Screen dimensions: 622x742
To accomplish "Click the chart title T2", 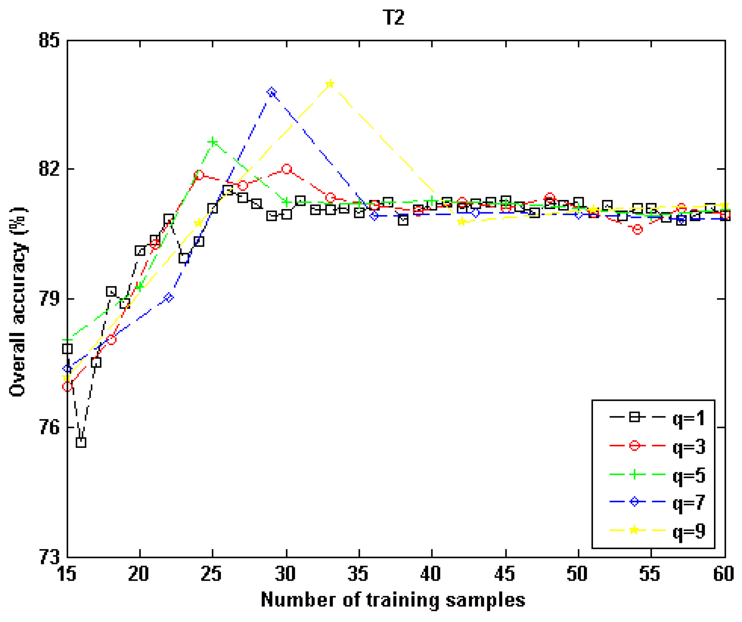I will (394, 17).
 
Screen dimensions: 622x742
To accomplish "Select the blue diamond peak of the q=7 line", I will (272, 93).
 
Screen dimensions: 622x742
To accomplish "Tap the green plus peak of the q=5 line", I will (213, 142).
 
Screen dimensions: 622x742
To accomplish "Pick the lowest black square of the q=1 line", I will (81, 442).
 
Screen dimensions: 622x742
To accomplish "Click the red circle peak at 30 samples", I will (287, 169).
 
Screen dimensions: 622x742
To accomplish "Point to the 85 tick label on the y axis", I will (49, 40).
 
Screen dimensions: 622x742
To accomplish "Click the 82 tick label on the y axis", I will (49, 169).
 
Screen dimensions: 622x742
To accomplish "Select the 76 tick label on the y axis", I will (49, 428).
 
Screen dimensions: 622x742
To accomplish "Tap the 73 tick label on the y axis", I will (49, 557).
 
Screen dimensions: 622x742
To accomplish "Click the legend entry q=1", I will (689, 418).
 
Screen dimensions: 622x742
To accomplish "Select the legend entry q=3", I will (689, 447).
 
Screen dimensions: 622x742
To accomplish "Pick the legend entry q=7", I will (689, 502).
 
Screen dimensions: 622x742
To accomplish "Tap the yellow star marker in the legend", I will (635, 530).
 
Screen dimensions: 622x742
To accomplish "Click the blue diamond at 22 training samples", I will (169, 298).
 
